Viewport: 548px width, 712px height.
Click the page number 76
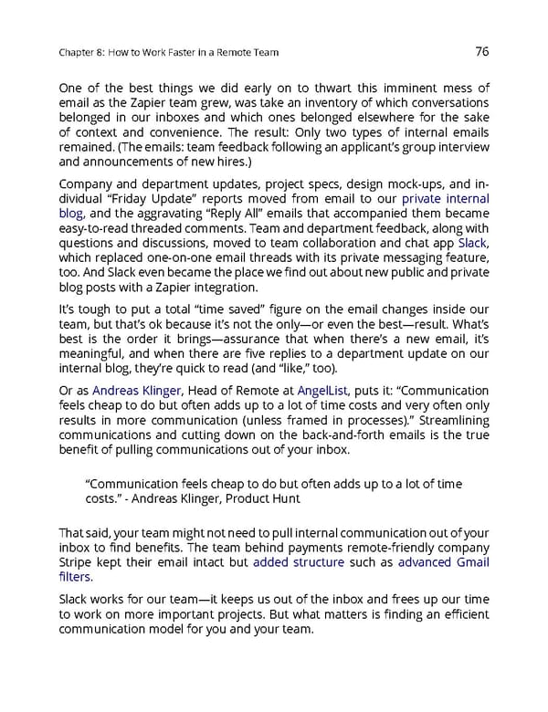(482, 52)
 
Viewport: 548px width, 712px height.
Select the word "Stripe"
(78, 562)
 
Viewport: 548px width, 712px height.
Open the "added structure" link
(299, 562)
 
